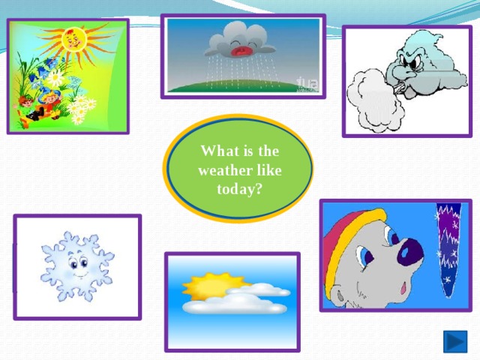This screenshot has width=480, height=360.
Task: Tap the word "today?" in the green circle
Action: (x=239, y=189)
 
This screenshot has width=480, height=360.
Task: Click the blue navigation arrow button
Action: (x=455, y=342)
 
